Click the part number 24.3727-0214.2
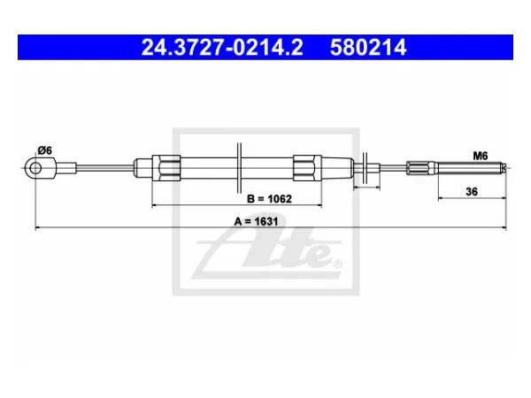222,48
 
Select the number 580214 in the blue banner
368,48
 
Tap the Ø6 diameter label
45,150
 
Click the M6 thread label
481,156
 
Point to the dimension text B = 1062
269,199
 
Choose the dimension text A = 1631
256,221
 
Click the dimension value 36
472,192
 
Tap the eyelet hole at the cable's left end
35,168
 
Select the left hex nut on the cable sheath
166,168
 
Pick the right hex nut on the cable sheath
307,168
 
